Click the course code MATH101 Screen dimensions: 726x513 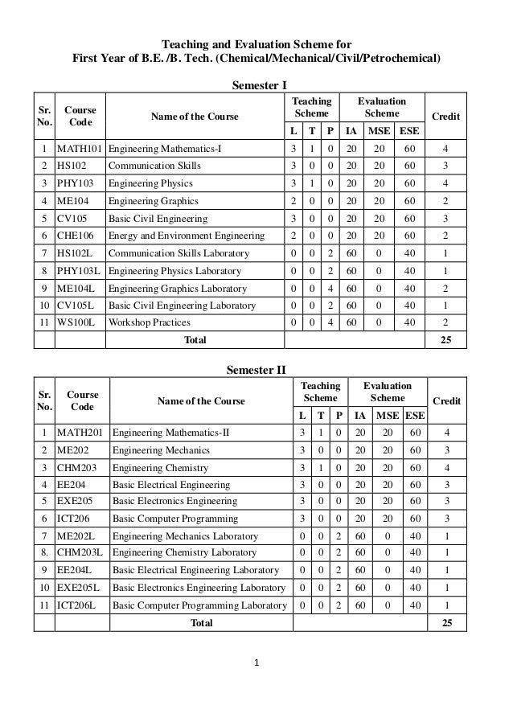[x=80, y=149]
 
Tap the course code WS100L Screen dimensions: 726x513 [x=75, y=322]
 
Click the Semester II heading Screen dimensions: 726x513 [x=256, y=370]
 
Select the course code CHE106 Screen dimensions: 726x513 [x=75, y=236]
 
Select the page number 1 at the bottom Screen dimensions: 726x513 [x=256, y=664]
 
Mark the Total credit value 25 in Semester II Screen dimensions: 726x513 [x=448, y=623]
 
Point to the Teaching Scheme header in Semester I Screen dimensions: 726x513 [x=311, y=109]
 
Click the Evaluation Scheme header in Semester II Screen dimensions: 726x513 [x=388, y=392]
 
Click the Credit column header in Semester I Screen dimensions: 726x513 [x=446, y=117]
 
